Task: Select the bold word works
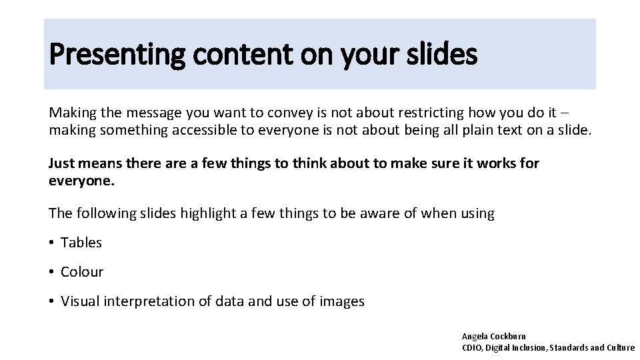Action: pos(495,163)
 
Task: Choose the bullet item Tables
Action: pos(81,243)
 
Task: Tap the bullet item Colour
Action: pos(82,272)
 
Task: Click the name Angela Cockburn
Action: pos(494,337)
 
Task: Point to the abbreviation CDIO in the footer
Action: pos(472,347)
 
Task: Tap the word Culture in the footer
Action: pos(621,347)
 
